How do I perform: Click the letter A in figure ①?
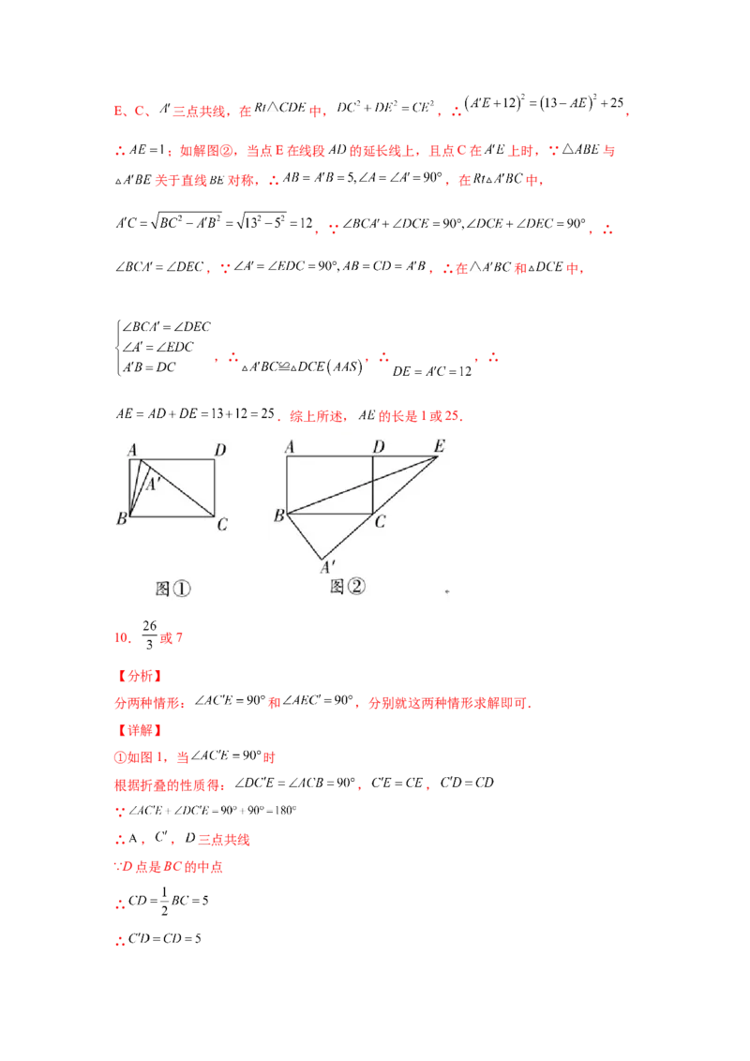(133, 449)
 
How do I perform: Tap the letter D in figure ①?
(219, 450)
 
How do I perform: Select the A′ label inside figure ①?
(153, 484)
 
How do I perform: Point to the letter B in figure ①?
(122, 519)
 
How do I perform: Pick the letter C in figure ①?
(222, 524)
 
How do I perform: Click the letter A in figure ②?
(290, 448)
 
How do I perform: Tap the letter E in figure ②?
(438, 447)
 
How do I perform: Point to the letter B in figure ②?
(278, 516)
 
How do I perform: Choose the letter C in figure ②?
(380, 522)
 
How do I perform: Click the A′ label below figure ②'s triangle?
(328, 567)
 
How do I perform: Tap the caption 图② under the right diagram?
(347, 587)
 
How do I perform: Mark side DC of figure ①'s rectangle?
(214, 487)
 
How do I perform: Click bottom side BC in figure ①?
(172, 516)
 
